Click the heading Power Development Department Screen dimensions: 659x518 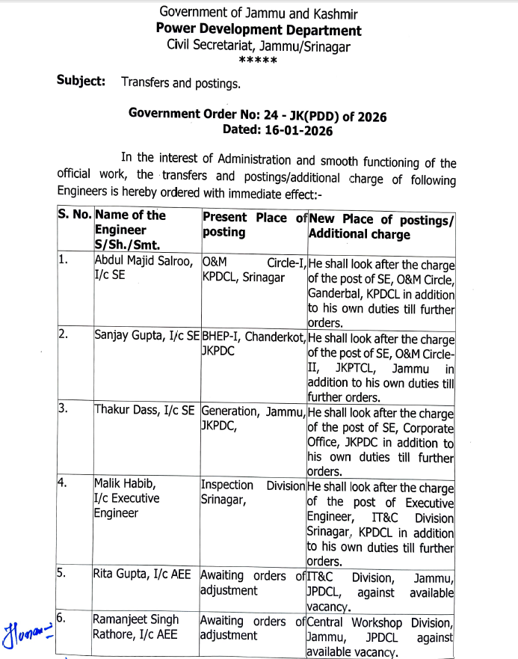coord(259,30)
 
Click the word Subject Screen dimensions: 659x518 coord(81,82)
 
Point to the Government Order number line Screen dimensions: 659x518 coord(258,115)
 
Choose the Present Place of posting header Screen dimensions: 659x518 coord(254,224)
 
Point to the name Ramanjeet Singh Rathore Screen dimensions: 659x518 coord(137,628)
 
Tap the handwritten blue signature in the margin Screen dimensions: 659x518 coord(27,628)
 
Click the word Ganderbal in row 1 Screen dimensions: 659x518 coord(336,294)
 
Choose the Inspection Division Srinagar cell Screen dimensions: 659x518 coord(253,492)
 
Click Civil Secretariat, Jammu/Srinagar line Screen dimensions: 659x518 coord(259,46)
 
